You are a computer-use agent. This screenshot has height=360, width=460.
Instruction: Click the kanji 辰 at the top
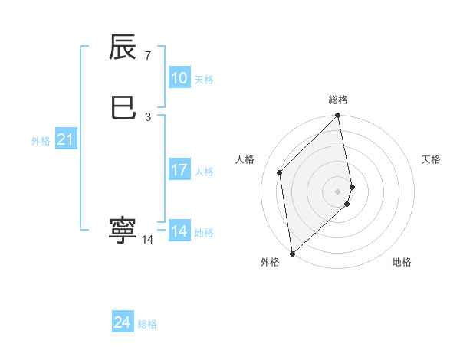[123, 48]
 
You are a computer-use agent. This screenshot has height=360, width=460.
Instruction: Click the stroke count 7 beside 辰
[147, 56]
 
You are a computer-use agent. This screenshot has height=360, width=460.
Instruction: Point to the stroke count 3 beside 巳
[147, 116]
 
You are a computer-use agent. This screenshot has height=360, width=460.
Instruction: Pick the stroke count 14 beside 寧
[148, 239]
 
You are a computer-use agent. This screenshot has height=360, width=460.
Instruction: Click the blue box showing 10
[179, 78]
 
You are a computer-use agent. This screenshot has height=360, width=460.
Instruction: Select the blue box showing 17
[179, 170]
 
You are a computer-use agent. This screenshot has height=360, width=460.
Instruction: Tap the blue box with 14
[179, 231]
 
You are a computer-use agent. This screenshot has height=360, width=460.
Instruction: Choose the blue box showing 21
[65, 139]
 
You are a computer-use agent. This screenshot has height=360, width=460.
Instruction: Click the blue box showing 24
[123, 322]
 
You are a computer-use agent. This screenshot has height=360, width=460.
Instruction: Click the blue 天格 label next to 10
[204, 80]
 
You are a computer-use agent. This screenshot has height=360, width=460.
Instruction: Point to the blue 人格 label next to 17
[204, 172]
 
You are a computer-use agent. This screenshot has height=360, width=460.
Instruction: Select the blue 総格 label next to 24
[147, 324]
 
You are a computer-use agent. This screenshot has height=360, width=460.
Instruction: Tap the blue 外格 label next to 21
[41, 141]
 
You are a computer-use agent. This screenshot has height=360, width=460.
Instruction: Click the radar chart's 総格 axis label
[338, 100]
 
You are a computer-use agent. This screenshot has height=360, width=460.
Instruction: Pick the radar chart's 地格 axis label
[402, 262]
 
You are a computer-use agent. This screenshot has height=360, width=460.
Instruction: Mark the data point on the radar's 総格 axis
[338, 116]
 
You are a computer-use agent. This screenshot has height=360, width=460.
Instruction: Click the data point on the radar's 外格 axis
[291, 253]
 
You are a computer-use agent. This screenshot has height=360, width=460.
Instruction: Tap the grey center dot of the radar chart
[338, 191]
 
